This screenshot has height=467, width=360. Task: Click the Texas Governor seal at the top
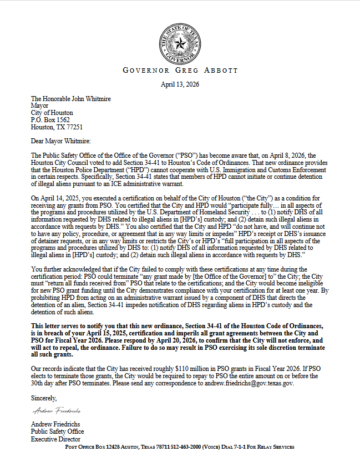pyautogui.click(x=180, y=43)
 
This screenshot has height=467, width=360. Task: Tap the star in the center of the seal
pyautogui.click(x=180, y=43)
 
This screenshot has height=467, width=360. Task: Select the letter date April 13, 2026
pyautogui.click(x=180, y=84)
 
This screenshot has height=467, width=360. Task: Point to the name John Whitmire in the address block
pyautogui.click(x=90, y=99)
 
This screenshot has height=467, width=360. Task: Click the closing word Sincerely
pyautogui.click(x=44, y=397)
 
